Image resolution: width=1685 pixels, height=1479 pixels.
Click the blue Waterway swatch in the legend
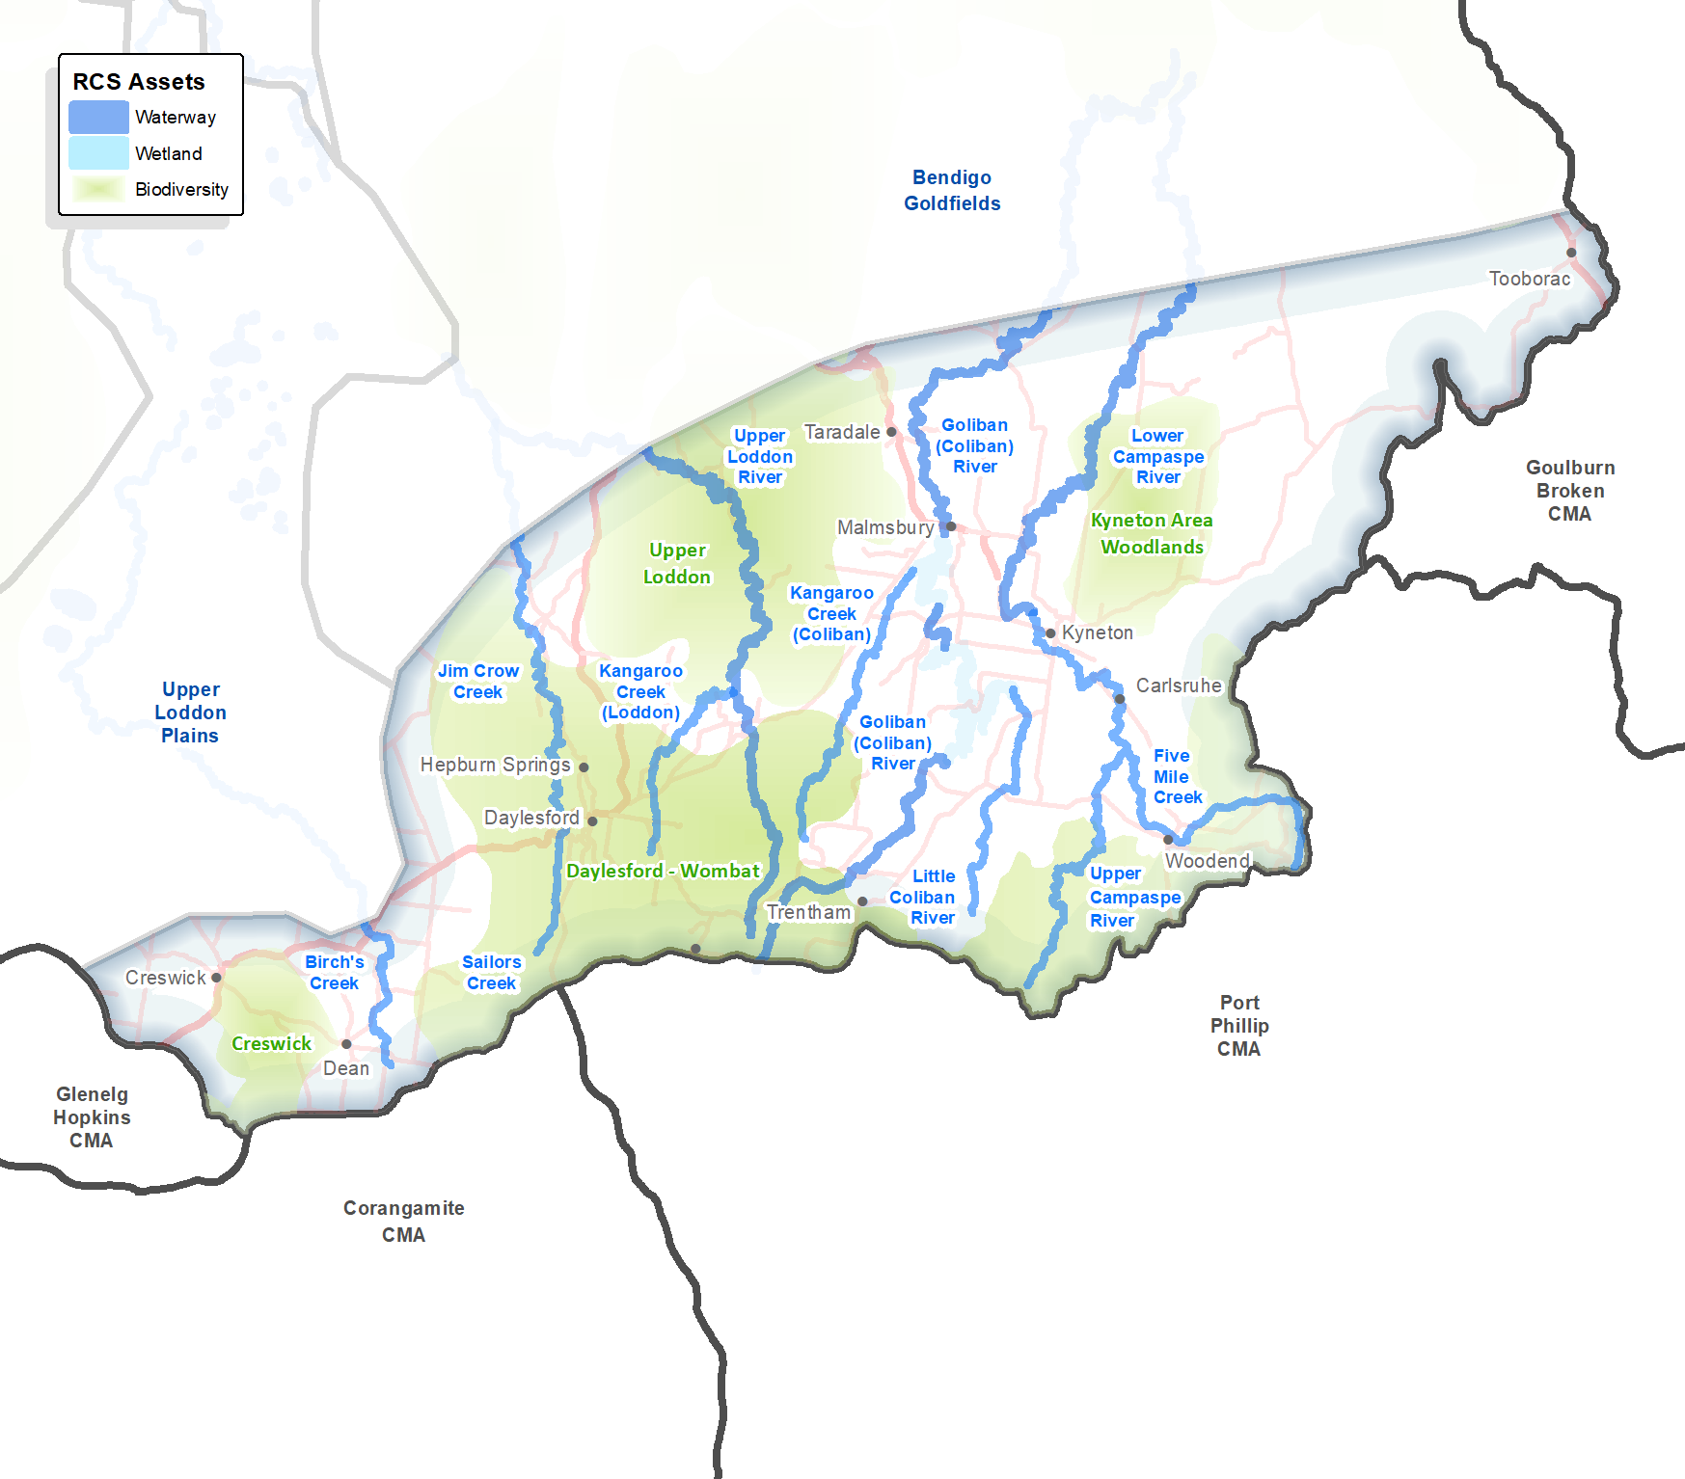[x=98, y=117]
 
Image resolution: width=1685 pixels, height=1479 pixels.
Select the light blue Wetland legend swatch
[x=98, y=153]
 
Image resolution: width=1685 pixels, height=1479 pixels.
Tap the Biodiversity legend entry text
[x=181, y=190]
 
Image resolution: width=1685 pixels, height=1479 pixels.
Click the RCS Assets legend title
[x=139, y=82]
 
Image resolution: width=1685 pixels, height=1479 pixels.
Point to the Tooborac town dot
[x=1571, y=253]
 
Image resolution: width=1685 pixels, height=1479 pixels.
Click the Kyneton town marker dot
[x=1050, y=633]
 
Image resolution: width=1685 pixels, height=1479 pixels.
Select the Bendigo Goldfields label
[x=952, y=190]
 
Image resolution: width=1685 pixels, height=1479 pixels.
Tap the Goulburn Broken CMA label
[x=1570, y=491]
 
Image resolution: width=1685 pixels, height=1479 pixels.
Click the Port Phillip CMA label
[x=1239, y=1026]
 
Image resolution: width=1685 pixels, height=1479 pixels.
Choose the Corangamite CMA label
[x=403, y=1222]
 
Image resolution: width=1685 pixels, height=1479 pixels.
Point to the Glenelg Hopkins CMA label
[x=92, y=1117]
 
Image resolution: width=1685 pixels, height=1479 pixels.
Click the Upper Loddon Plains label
[x=190, y=713]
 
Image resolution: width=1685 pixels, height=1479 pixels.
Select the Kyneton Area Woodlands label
[x=1152, y=533]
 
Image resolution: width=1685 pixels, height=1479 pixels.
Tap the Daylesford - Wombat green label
[x=663, y=871]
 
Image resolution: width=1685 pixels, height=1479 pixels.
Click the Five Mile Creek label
[x=1177, y=776]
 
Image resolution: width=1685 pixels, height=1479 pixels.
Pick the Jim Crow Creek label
[x=478, y=682]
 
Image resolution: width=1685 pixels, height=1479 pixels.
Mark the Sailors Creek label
[x=492, y=973]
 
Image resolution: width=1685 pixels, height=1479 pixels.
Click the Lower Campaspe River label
[x=1157, y=456]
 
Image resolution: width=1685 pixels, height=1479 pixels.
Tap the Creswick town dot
[x=216, y=978]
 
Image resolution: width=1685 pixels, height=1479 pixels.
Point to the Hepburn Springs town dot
[x=584, y=767]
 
